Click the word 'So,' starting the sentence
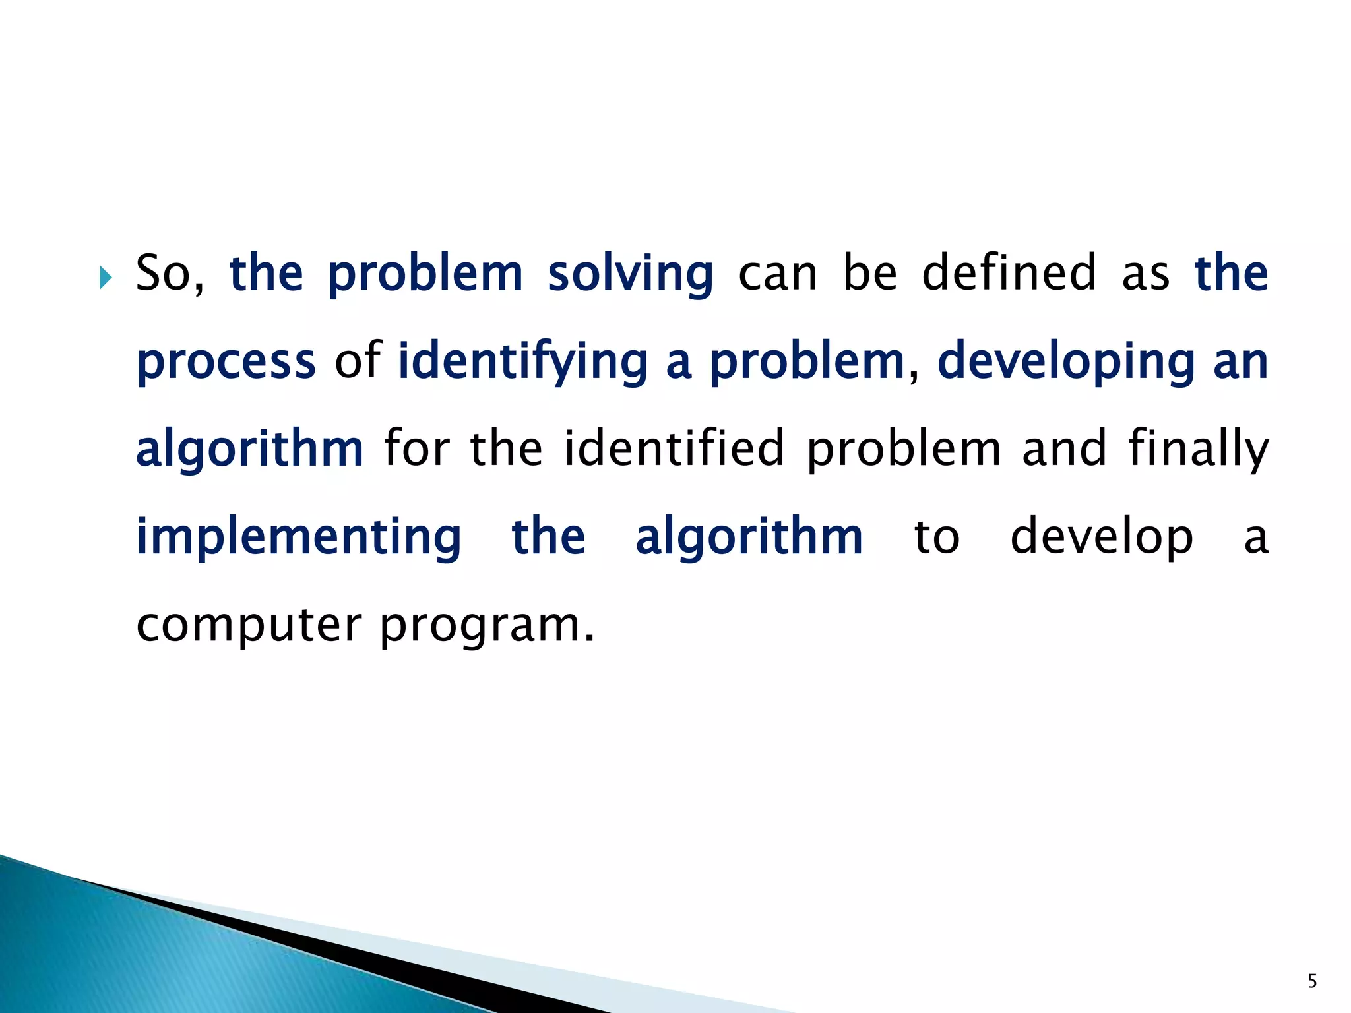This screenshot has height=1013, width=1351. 170,274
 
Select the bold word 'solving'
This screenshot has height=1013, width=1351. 630,274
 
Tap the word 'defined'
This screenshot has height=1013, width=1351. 1009,274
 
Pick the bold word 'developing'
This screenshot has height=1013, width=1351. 1065,363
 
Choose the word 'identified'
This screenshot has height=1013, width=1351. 674,448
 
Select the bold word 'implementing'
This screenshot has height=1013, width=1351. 299,537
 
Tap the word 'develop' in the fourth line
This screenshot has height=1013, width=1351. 1101,538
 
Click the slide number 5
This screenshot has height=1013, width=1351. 1312,981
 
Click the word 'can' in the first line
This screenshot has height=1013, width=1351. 777,274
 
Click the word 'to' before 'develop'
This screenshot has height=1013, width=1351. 936,538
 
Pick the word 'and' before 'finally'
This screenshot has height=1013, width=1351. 1063,448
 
